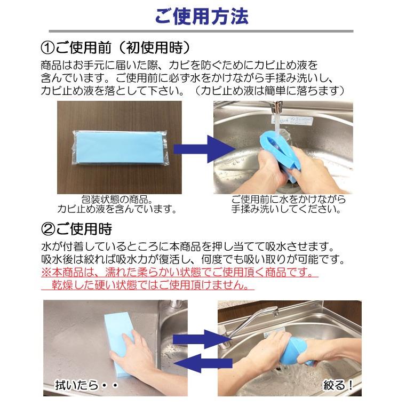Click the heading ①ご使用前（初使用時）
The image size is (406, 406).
click(x=115, y=48)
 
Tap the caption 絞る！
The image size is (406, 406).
click(x=338, y=385)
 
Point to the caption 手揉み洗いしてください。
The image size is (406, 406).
click(x=286, y=209)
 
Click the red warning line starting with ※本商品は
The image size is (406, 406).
click(x=179, y=273)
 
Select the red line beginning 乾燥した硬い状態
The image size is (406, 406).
click(x=147, y=285)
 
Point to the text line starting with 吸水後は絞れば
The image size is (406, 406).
click(x=197, y=260)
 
